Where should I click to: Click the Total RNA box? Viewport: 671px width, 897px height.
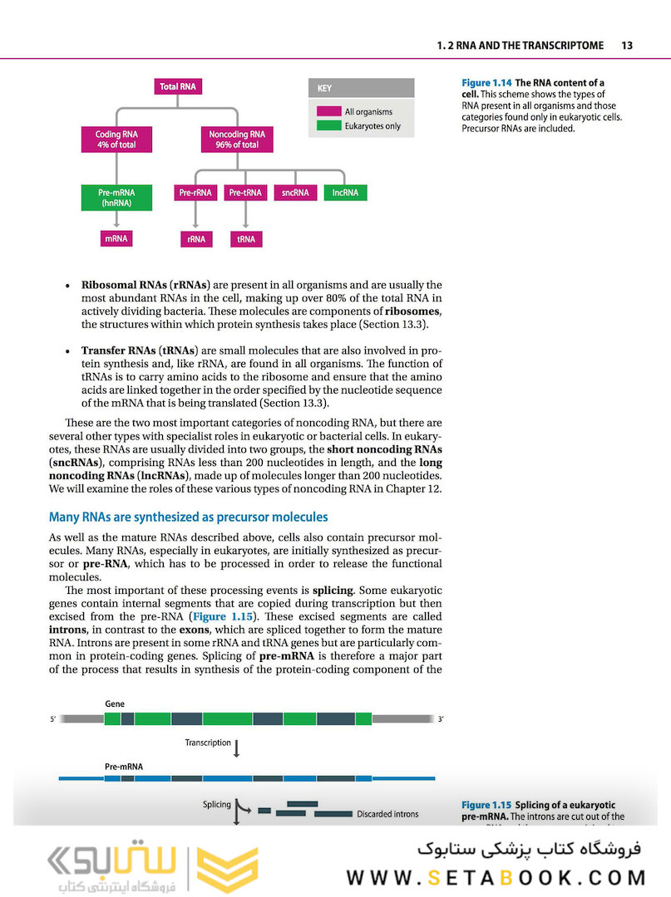pyautogui.click(x=180, y=86)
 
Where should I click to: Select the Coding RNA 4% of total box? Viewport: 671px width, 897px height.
pyautogui.click(x=116, y=140)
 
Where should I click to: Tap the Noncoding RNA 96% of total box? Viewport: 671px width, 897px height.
pyautogui.click(x=237, y=140)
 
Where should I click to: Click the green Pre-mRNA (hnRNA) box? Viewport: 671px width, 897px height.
pyautogui.click(x=116, y=197)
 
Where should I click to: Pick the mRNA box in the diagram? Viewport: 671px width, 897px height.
pyautogui.click(x=116, y=238)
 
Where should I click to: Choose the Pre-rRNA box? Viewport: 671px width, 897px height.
pyautogui.click(x=195, y=193)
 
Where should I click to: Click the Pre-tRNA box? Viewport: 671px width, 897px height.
pyautogui.click(x=244, y=193)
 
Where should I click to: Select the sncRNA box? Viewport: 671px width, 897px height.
pyautogui.click(x=295, y=193)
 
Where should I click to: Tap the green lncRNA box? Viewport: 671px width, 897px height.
pyautogui.click(x=345, y=193)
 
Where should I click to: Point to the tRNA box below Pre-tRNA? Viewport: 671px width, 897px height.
pyautogui.click(x=244, y=239)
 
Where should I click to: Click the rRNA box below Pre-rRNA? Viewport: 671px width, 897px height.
pyautogui.click(x=195, y=239)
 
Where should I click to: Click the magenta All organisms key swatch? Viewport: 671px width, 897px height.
pyautogui.click(x=328, y=111)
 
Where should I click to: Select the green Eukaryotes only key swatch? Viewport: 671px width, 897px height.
pyautogui.click(x=328, y=125)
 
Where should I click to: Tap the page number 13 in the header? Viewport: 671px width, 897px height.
pyautogui.click(x=627, y=46)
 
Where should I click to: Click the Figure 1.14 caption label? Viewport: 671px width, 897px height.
pyautogui.click(x=487, y=83)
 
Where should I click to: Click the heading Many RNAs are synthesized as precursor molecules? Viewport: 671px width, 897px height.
pyautogui.click(x=188, y=517)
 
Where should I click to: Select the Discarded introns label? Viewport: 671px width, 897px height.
pyautogui.click(x=387, y=814)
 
